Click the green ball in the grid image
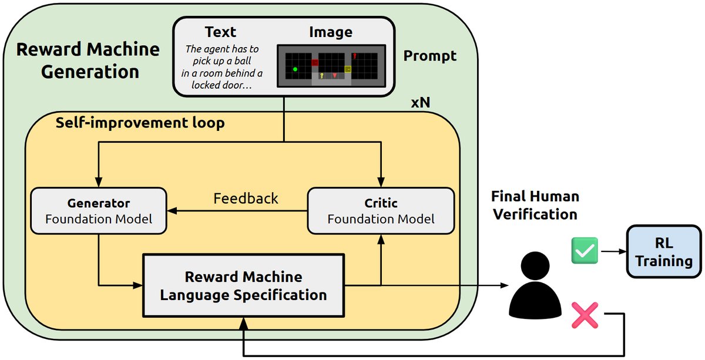coord(295,69)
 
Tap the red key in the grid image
coord(355,57)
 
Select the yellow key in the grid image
coord(322,76)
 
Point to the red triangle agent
coord(335,76)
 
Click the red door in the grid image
coord(315,62)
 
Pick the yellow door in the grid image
coord(348,69)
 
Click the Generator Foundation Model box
coord(99,211)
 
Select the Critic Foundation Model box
coord(381,211)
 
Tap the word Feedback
coord(246,198)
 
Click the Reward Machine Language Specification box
coord(243,286)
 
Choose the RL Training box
coord(664,253)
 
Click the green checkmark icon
coord(585,251)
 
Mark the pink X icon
coord(585,315)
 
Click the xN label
coord(421,102)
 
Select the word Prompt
coord(430,56)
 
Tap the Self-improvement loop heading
coord(140,124)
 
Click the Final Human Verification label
coord(535,205)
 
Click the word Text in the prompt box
coord(221,32)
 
